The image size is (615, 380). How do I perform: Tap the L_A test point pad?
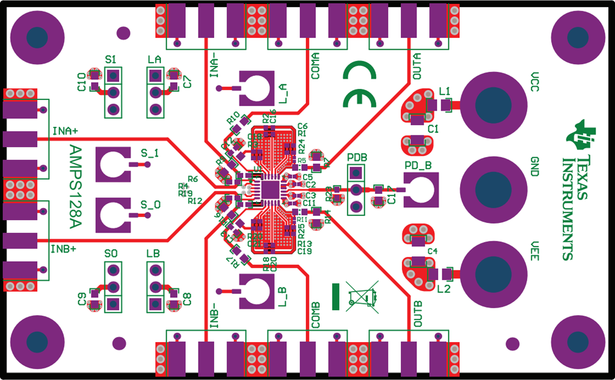[257, 88]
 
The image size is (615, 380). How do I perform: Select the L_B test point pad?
[257, 291]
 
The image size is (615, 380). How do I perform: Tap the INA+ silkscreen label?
[65, 131]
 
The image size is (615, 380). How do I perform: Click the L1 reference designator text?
[445, 91]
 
